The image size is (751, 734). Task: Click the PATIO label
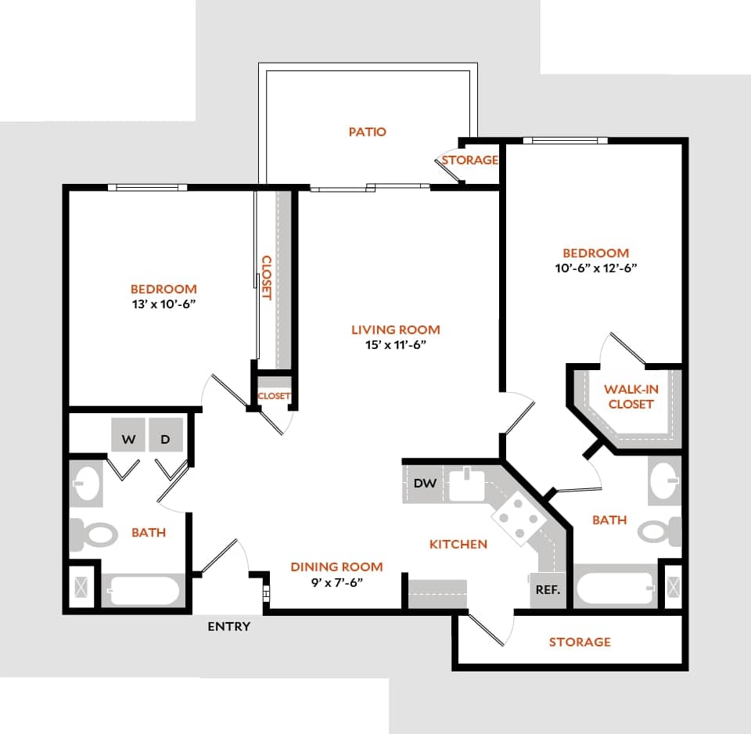(x=367, y=131)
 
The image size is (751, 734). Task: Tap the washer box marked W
(x=128, y=440)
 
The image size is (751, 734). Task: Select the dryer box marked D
(x=165, y=440)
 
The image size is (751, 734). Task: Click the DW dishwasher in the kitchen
(x=425, y=484)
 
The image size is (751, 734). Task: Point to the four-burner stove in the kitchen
(x=516, y=518)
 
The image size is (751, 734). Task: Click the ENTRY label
(x=229, y=626)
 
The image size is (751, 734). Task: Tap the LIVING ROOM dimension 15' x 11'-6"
(x=395, y=344)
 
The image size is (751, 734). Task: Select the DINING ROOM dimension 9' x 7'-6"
(x=336, y=581)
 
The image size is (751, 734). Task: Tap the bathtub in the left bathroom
(x=143, y=591)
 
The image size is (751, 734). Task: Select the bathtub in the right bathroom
(x=616, y=588)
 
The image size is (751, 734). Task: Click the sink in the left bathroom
(x=87, y=484)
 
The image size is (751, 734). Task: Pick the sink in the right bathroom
(x=664, y=479)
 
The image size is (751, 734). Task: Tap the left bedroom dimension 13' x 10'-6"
(x=163, y=304)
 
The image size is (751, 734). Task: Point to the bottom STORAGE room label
(x=579, y=642)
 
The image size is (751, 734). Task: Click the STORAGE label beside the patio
(x=469, y=160)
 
